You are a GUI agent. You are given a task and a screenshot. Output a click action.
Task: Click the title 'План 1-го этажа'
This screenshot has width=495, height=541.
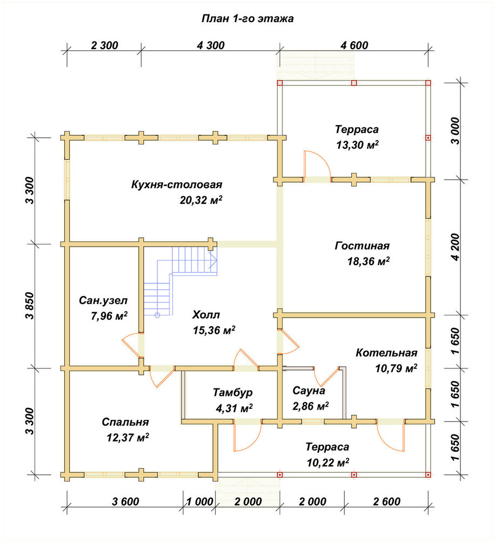(x=247, y=18)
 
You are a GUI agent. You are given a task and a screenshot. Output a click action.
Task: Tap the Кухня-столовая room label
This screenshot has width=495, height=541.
(x=177, y=184)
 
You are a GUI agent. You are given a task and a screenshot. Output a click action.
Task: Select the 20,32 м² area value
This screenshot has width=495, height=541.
(x=201, y=200)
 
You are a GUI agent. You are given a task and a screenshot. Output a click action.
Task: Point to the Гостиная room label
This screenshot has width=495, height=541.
(x=362, y=246)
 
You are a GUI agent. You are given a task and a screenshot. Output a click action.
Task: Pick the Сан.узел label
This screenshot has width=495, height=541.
(x=103, y=300)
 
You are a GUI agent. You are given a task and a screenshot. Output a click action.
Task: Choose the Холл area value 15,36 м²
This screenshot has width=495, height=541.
(x=214, y=330)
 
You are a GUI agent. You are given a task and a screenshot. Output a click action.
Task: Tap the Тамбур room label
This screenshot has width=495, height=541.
(x=233, y=393)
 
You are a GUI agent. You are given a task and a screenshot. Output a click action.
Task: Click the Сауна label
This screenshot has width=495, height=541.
(x=309, y=391)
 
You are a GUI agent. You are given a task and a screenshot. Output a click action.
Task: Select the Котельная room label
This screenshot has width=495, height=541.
(x=386, y=353)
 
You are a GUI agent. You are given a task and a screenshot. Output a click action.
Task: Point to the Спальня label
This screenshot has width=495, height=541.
(x=125, y=423)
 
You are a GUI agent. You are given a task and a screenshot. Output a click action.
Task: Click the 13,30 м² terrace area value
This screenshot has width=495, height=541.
(x=357, y=145)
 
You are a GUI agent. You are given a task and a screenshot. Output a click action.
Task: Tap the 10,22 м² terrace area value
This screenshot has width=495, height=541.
(x=328, y=463)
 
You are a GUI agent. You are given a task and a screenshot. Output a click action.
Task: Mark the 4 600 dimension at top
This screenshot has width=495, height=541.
(x=354, y=45)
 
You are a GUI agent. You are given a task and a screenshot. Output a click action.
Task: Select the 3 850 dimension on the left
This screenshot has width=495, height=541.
(x=30, y=306)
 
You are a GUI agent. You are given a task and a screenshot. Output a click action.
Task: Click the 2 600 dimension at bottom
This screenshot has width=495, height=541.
(x=387, y=502)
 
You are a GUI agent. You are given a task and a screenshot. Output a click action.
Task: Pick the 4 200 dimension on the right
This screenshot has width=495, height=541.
(x=456, y=247)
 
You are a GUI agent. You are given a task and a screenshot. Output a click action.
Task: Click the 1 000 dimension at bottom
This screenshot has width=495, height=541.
(x=200, y=502)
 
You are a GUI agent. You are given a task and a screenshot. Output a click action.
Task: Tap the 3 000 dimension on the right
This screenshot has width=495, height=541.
(x=456, y=131)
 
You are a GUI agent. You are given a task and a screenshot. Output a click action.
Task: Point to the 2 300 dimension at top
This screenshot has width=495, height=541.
(x=104, y=45)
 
